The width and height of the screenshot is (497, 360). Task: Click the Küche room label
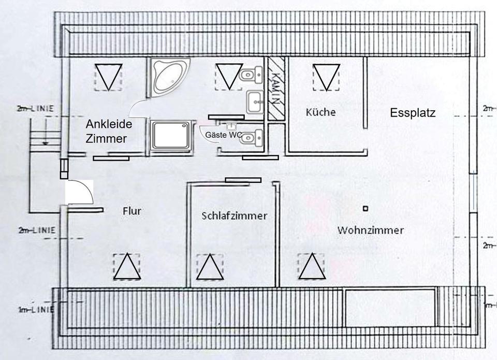pos(320,112)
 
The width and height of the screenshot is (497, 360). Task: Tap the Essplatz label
pos(413,113)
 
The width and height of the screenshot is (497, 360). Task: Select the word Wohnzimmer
pos(370,230)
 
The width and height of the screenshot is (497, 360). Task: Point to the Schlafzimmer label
pos(235,216)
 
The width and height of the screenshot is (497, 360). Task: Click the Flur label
pos(132,211)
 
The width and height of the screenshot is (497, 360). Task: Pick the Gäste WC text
pos(224,135)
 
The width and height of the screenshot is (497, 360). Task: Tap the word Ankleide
pos(109,124)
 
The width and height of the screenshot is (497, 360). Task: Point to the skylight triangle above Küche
pos(326,76)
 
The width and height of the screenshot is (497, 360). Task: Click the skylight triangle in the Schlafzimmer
pos(210,267)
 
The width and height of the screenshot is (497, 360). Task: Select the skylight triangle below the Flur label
pos(127,267)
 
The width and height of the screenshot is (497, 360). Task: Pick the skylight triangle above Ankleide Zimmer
pos(108,76)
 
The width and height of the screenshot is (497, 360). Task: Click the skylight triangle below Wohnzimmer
pos(312,266)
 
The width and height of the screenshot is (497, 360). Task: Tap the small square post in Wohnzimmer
pos(366,209)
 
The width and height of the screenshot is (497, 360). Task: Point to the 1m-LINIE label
pos(36,310)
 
